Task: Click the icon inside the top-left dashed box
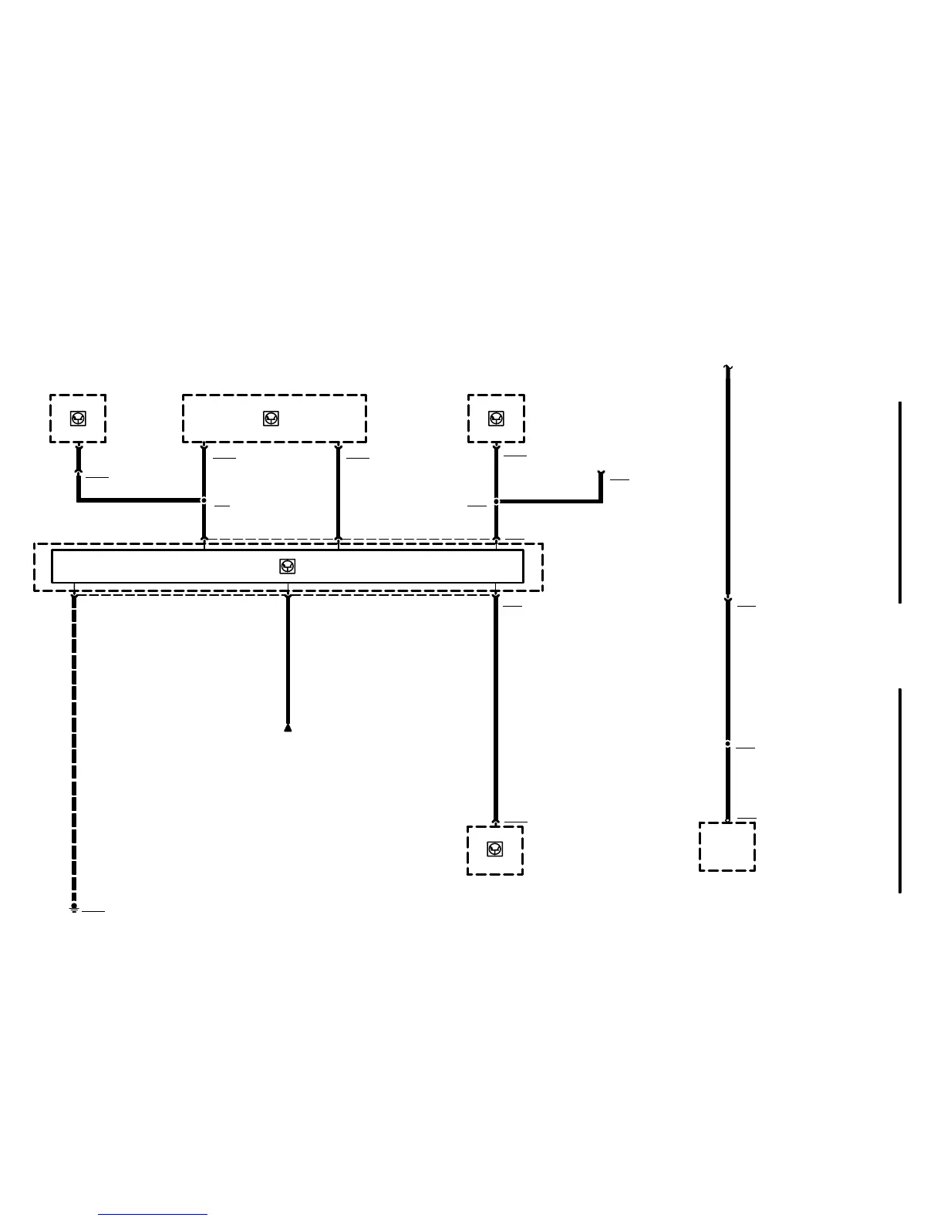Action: pyautogui.click(x=78, y=419)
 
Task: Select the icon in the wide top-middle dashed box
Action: pyautogui.click(x=271, y=419)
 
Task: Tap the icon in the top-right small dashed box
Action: pyautogui.click(x=496, y=419)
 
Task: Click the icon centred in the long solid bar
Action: pyautogui.click(x=288, y=567)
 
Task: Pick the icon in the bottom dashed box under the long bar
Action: pyautogui.click(x=495, y=849)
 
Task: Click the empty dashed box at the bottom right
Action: pyautogui.click(x=727, y=846)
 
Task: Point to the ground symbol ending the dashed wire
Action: pyautogui.click(x=74, y=909)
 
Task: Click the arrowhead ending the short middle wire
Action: pyautogui.click(x=288, y=727)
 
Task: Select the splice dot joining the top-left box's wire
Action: pyautogui.click(x=204, y=500)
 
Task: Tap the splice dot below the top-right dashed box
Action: pyautogui.click(x=496, y=501)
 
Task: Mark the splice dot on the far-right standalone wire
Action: pyautogui.click(x=727, y=744)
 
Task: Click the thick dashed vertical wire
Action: pyautogui.click(x=74, y=748)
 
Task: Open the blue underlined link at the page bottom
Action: pyautogui.click(x=153, y=1215)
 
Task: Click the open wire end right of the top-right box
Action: pyautogui.click(x=601, y=473)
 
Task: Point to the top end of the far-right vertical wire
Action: pyautogui.click(x=727, y=368)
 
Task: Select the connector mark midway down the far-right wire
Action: pyautogui.click(x=727, y=600)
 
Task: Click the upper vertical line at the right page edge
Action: pyautogui.click(x=900, y=501)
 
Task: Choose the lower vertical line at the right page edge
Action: pyautogui.click(x=900, y=790)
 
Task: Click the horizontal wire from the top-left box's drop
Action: pyautogui.click(x=139, y=500)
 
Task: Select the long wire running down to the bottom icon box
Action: pyautogui.click(x=495, y=709)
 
